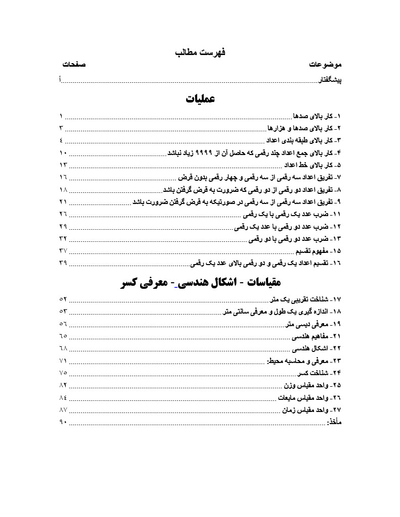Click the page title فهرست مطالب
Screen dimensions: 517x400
coord(200,52)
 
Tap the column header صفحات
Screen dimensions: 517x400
coord(73,65)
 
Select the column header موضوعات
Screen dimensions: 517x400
coord(326,65)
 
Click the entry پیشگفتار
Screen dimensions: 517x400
coord(329,80)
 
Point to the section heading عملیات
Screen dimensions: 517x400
coord(200,98)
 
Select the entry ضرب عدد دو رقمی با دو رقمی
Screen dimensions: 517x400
coord(296,238)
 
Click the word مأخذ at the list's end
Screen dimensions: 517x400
coord(334,422)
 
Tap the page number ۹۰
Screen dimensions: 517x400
coord(63,422)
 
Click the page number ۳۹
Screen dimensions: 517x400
coord(63,263)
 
